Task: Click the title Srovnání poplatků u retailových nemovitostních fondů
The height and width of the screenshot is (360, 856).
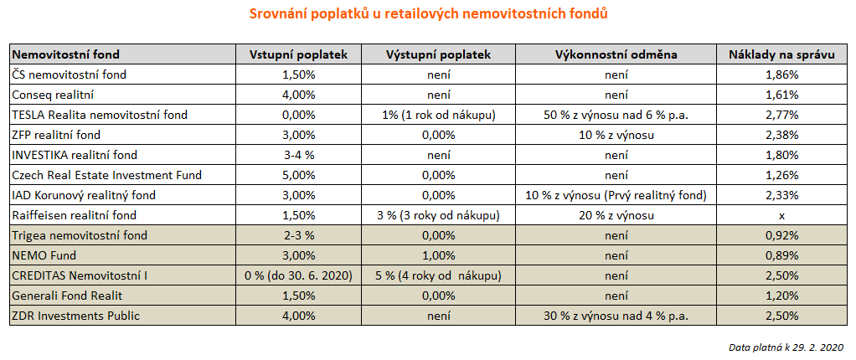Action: tap(428, 14)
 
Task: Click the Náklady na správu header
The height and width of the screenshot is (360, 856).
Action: tap(781, 54)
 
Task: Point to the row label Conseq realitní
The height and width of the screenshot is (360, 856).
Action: tap(52, 95)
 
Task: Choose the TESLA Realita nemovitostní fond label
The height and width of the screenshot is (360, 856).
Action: tap(100, 115)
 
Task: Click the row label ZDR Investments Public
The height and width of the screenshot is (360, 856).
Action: tap(75, 316)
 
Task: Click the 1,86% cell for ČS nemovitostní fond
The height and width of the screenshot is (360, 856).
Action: tap(781, 75)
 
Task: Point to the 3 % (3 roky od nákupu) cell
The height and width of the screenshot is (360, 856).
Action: tap(439, 215)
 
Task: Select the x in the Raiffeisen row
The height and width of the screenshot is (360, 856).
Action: tap(781, 215)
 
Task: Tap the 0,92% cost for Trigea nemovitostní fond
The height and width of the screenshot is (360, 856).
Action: tap(781, 235)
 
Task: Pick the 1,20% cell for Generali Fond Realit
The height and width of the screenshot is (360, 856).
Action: tap(781, 296)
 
